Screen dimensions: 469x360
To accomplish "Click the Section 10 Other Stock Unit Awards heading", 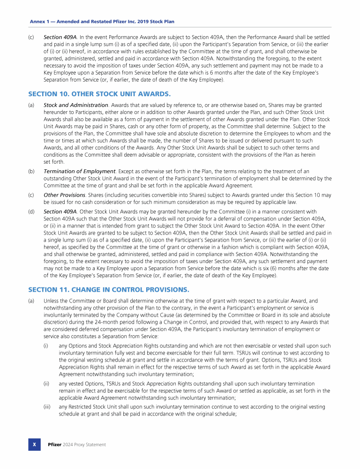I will coord(99,93).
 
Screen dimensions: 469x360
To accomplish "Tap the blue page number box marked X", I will coord(34,444).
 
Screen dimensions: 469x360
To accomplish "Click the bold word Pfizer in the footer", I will coord(55,445).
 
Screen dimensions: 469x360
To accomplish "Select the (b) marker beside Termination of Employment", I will coord(31,172).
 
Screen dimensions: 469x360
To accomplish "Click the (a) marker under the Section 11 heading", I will coord(31,301).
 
